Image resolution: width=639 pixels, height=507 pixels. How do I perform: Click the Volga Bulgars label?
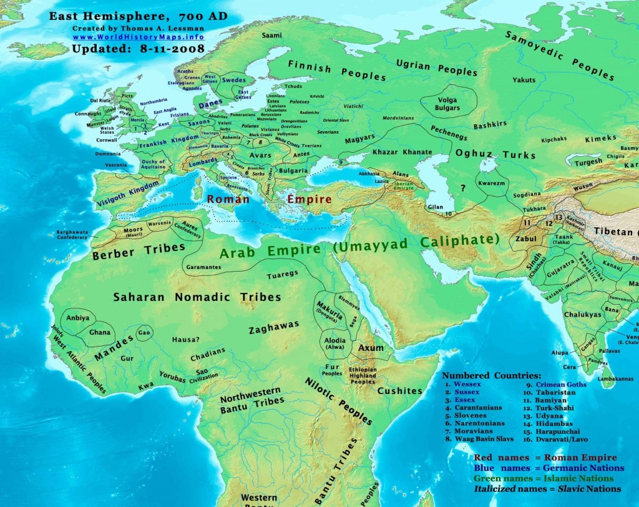447,103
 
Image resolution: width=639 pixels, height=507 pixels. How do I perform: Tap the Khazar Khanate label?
402,152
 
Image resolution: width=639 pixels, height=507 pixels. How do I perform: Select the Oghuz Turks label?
495,154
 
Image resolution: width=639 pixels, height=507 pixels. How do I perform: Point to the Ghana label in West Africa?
99,333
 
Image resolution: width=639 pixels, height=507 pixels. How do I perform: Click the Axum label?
371,348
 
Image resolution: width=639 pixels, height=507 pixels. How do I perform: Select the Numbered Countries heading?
491,375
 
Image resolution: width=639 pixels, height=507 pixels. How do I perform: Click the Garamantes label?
202,267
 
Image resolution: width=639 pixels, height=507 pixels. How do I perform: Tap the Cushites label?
400,391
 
